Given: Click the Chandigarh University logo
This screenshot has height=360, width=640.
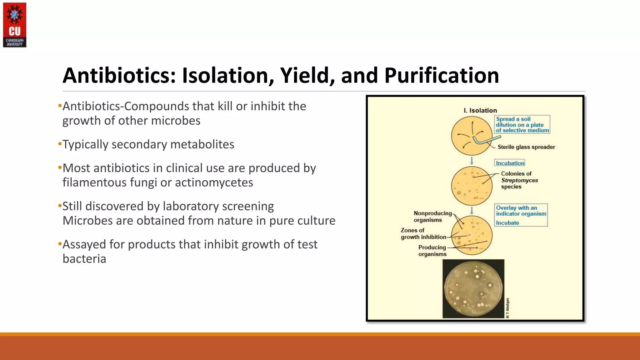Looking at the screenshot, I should (x=14, y=25).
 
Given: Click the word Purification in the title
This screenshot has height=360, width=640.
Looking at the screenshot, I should (x=441, y=76).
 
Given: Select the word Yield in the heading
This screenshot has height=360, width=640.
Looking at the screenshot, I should (x=307, y=76).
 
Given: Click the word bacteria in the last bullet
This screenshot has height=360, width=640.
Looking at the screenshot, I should (x=84, y=259).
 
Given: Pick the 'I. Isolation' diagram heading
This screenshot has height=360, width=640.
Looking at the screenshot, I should (x=480, y=110).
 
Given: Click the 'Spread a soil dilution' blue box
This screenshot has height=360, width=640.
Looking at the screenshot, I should (x=522, y=125).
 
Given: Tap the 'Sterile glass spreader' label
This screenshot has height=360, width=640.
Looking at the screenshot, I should (x=526, y=147).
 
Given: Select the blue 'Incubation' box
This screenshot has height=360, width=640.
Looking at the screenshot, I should (x=510, y=163).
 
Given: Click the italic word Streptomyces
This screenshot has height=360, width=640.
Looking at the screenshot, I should (x=519, y=180).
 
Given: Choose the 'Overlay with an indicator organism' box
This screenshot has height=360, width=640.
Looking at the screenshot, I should (x=521, y=211).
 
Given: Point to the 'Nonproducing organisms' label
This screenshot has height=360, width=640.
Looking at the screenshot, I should (x=432, y=217).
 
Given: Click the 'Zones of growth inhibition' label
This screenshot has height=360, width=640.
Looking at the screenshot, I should (x=423, y=234).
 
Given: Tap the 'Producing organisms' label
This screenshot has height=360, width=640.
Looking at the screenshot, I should (x=432, y=251).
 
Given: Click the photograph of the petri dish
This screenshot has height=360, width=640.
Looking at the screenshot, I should (x=473, y=289).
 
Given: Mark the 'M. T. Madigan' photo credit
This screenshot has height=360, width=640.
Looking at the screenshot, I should (x=507, y=308).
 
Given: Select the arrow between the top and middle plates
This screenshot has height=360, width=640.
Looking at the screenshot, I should (x=472, y=161).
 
